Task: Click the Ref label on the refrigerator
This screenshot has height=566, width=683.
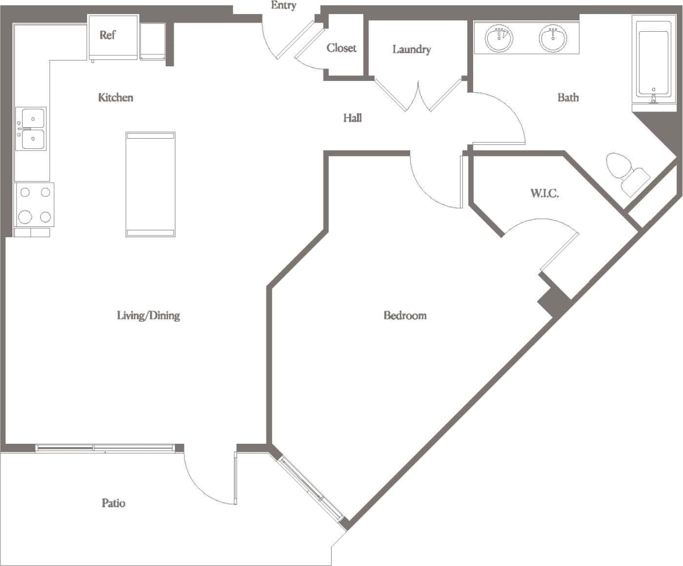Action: tap(108, 35)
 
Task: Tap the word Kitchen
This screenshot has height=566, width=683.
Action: tap(115, 97)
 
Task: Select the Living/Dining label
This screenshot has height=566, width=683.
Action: tap(148, 315)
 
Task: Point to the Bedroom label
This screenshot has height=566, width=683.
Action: tap(405, 315)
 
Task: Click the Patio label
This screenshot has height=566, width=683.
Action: tap(113, 503)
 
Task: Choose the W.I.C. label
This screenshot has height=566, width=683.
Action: tap(544, 194)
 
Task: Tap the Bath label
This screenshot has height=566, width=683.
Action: tap(568, 97)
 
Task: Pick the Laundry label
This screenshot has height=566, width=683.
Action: tap(411, 50)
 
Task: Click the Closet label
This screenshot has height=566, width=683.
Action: tap(341, 48)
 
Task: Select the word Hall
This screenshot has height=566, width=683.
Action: tap(353, 118)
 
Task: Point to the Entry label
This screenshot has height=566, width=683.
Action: tap(283, 6)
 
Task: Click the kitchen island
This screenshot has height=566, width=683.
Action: tap(150, 184)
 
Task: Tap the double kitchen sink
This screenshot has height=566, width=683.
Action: tap(31, 129)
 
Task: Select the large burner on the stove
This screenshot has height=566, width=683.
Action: tap(25, 216)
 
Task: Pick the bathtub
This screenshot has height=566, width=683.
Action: tap(654, 62)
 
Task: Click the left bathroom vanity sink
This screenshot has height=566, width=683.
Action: tap(499, 38)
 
